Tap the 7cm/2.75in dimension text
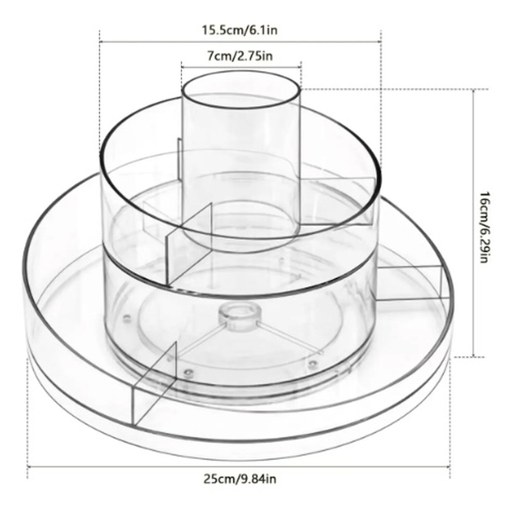[x=240, y=56]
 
